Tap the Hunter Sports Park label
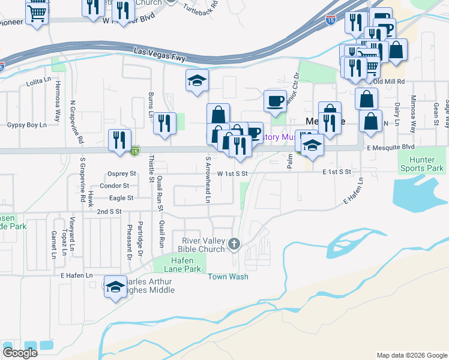coord(427,164)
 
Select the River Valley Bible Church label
coord(203,245)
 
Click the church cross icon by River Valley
coord(234,244)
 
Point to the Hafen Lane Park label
coord(177,265)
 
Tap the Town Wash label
coord(228,277)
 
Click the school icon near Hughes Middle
coord(115,286)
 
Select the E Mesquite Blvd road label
coord(391,147)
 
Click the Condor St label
coord(116,186)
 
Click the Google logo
coord(20,353)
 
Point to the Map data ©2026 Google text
coord(411,355)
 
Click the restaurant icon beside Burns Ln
coord(164,123)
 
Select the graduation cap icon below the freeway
coord(197,81)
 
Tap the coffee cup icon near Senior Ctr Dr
coord(276,101)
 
